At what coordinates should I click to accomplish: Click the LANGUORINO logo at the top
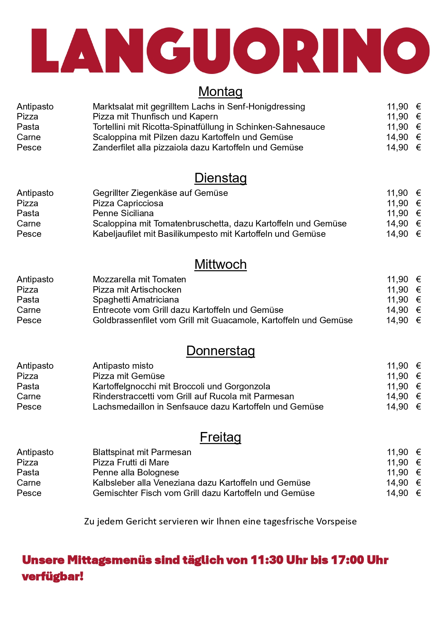pos(230,50)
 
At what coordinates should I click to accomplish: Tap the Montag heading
pos(220,91)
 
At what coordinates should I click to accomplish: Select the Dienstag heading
pos(220,178)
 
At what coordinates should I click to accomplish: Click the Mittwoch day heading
pos(220,264)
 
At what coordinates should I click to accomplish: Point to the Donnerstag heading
pos(220,351)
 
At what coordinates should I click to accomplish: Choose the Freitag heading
pos(220,437)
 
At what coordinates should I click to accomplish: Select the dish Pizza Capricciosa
pos(128,203)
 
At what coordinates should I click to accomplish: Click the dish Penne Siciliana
pos(123,213)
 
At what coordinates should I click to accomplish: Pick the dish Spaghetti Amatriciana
pos(136,300)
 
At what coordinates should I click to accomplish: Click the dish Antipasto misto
pos(123,366)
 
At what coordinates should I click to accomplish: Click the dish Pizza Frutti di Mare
pos(131,463)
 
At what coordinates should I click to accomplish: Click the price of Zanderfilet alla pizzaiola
pos(397,148)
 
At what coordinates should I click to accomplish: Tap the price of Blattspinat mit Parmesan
pos(397,452)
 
